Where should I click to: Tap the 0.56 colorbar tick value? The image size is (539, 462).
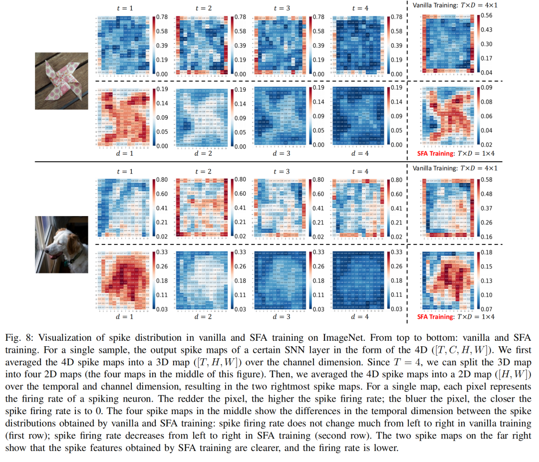tap(487, 16)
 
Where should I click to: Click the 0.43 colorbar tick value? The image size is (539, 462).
tap(487, 30)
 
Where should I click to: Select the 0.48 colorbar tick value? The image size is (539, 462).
tap(487, 194)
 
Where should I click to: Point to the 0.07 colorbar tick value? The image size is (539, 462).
tap(487, 309)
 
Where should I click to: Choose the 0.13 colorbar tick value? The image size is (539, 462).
tap(487, 281)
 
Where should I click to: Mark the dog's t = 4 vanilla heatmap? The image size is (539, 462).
tap(360, 207)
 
